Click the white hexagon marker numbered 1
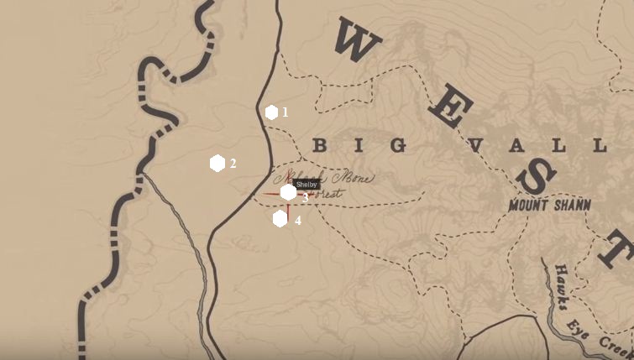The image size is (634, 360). point(271,112)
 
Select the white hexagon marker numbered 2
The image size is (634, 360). point(217,163)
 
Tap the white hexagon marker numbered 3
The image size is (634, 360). point(288,192)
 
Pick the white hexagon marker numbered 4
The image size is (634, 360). point(280,218)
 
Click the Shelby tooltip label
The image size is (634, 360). point(307,185)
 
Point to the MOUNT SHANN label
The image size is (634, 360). point(549,205)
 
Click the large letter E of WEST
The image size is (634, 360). point(450,107)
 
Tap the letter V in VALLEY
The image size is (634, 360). point(477,145)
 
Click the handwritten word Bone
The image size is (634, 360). point(353,178)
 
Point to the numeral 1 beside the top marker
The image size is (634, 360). point(285,112)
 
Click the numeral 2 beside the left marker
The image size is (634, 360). point(233,164)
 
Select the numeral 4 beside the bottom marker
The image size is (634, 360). point(297,221)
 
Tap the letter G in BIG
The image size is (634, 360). point(398,145)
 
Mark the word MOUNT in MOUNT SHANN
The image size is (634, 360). point(527,206)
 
